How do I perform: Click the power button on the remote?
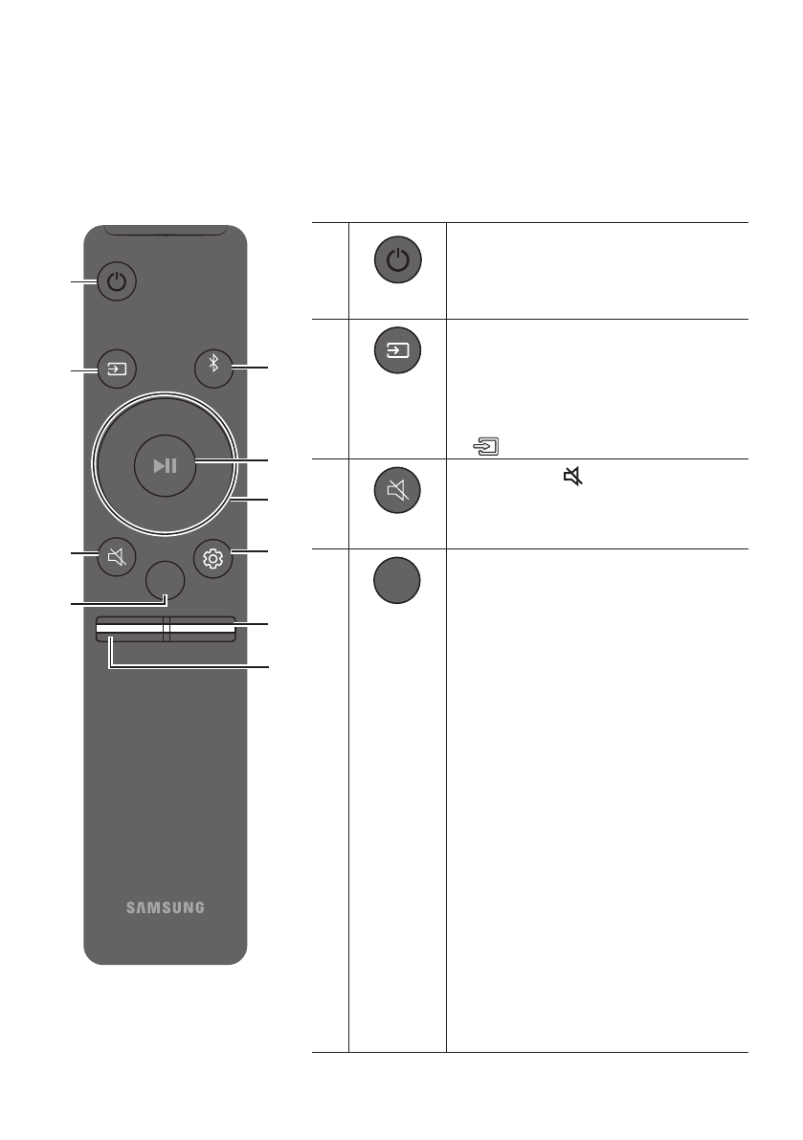pos(117,282)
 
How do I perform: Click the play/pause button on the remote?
pos(165,465)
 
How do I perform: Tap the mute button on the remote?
pos(117,557)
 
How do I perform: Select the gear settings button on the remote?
pos(212,557)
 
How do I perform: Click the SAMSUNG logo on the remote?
pos(165,906)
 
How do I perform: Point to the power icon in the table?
pos(397,259)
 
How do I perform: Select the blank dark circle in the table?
pos(397,580)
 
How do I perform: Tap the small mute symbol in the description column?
pos(572,475)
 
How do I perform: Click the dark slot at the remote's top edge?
pos(165,231)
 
